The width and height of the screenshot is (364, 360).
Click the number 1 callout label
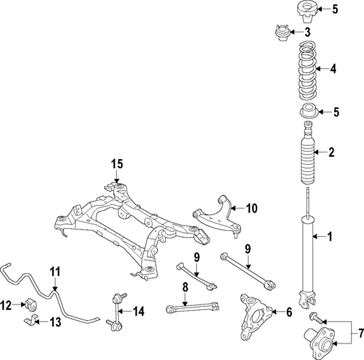[x=328, y=238]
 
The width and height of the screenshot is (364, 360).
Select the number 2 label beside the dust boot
[x=330, y=153]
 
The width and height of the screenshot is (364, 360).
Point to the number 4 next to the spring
[x=333, y=69]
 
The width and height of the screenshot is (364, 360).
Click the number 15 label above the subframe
[x=116, y=163]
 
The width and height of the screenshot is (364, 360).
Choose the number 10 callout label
[x=251, y=208]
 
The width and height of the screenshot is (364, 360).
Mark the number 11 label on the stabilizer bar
[x=54, y=271]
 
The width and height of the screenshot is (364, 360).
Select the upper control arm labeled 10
[x=218, y=214]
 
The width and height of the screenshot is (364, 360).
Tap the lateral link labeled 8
[x=191, y=306]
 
